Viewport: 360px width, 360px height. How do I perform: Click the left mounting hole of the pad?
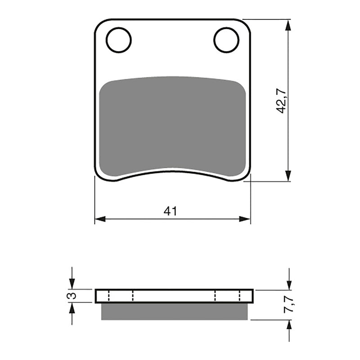click(119, 40)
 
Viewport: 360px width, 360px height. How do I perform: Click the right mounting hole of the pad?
click(226, 40)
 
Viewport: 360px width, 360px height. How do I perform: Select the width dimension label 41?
click(170, 211)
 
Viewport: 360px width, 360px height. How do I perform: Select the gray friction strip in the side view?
click(175, 311)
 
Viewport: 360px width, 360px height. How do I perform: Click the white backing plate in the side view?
click(175, 296)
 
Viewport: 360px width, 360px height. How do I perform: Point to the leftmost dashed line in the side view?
click(109, 296)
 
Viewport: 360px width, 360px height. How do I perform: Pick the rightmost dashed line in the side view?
click(240, 296)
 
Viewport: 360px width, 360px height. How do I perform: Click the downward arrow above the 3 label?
click(72, 284)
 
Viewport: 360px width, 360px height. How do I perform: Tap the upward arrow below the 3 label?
click(72, 308)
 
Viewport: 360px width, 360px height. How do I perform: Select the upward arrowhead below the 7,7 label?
click(288, 325)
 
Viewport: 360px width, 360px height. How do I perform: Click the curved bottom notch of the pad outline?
click(172, 171)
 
